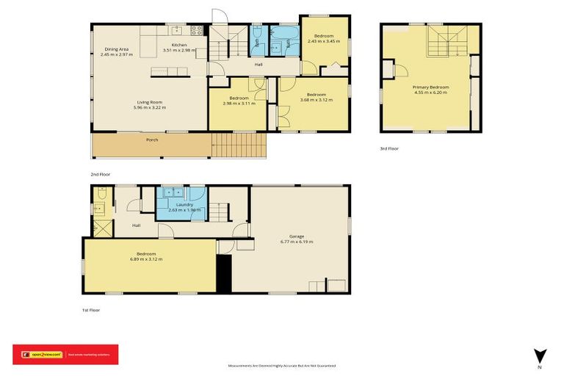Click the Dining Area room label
[x=117, y=49]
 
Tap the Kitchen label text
[x=179, y=46]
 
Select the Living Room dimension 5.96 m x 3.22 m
[x=149, y=108]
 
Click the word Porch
[x=152, y=140]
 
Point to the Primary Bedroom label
[x=431, y=87]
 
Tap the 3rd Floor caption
[x=389, y=148]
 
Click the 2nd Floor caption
[x=100, y=174]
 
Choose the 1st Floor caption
[x=90, y=310]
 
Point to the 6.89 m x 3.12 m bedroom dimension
[x=146, y=259]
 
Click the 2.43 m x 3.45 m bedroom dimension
[x=324, y=41]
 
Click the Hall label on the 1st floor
[x=137, y=225]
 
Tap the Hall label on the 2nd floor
[x=258, y=65]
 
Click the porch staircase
[x=237, y=144]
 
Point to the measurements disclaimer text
[x=282, y=365]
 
